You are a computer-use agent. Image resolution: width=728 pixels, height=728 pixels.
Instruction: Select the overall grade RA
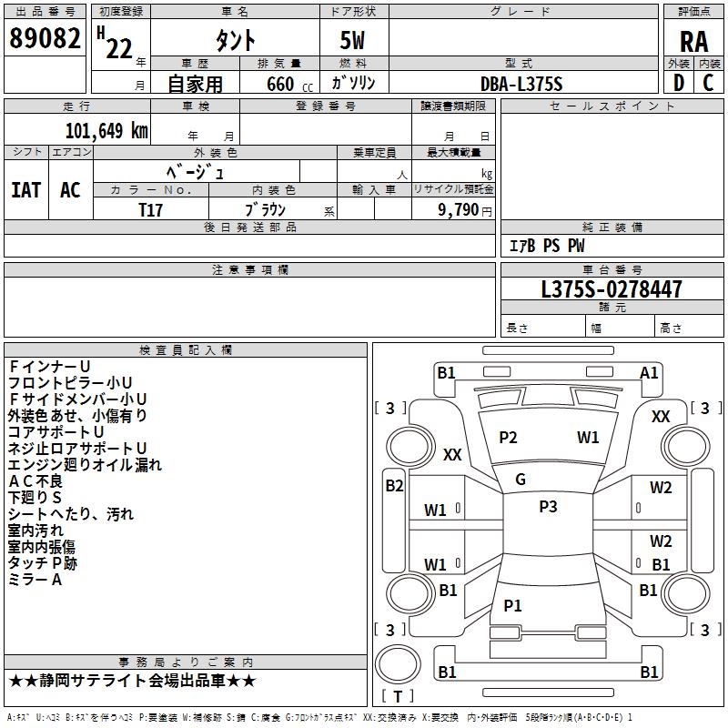click(x=693, y=41)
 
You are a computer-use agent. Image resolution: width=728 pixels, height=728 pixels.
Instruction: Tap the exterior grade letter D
click(x=678, y=82)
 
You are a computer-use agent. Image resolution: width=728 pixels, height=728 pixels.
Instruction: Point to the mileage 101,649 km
click(x=106, y=130)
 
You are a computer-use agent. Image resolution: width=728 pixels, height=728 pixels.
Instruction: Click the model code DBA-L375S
click(x=521, y=84)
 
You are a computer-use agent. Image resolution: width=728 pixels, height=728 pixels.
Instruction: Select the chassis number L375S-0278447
click(x=611, y=289)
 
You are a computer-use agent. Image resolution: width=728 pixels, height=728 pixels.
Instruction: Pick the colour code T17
click(x=151, y=208)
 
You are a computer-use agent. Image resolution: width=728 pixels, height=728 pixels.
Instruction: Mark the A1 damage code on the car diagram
click(x=649, y=372)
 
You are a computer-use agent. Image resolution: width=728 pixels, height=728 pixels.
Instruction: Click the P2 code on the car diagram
click(x=508, y=438)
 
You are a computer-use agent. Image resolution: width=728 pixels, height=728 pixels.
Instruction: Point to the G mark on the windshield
click(x=521, y=479)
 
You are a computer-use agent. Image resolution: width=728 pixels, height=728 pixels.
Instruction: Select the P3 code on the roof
click(x=548, y=507)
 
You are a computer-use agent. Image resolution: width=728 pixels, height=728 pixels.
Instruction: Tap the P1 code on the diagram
click(x=512, y=605)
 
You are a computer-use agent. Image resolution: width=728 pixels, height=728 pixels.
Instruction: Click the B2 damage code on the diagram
click(x=394, y=485)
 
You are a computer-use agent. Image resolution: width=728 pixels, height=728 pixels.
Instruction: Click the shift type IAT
click(x=25, y=189)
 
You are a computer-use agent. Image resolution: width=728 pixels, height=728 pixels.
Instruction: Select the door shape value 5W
click(x=353, y=41)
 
